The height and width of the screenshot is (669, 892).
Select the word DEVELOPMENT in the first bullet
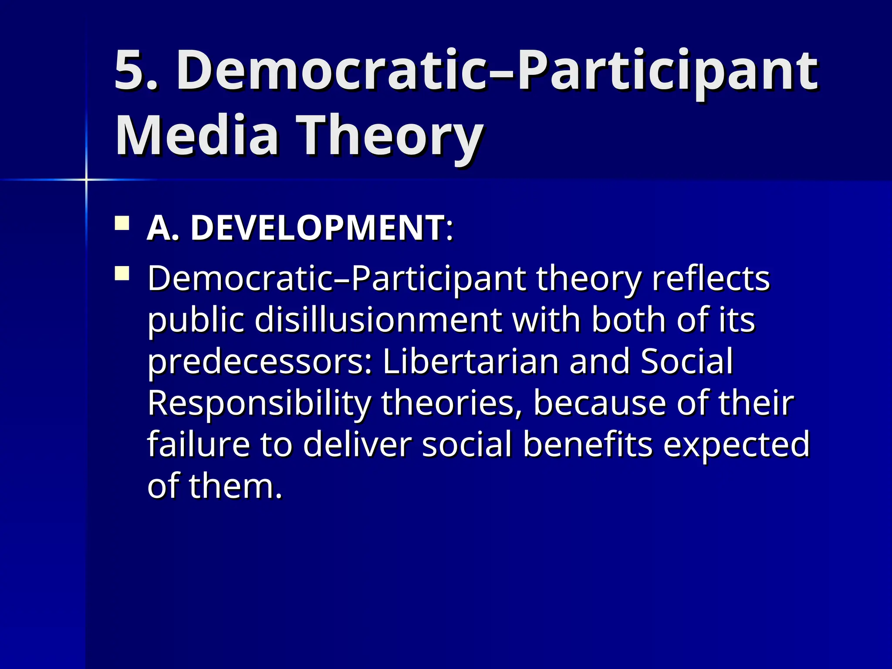[318, 228]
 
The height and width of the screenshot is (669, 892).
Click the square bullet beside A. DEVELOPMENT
[122, 223]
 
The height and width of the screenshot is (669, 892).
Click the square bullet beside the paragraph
[122, 274]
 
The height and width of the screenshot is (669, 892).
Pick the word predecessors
[260, 362]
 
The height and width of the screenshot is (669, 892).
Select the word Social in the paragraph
[687, 362]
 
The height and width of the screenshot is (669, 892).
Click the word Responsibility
[259, 403]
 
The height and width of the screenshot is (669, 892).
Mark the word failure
[199, 444]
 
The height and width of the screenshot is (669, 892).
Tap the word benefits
[588, 444]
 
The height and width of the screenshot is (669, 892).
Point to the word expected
[736, 444]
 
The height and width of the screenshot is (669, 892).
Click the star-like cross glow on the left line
[86, 179]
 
